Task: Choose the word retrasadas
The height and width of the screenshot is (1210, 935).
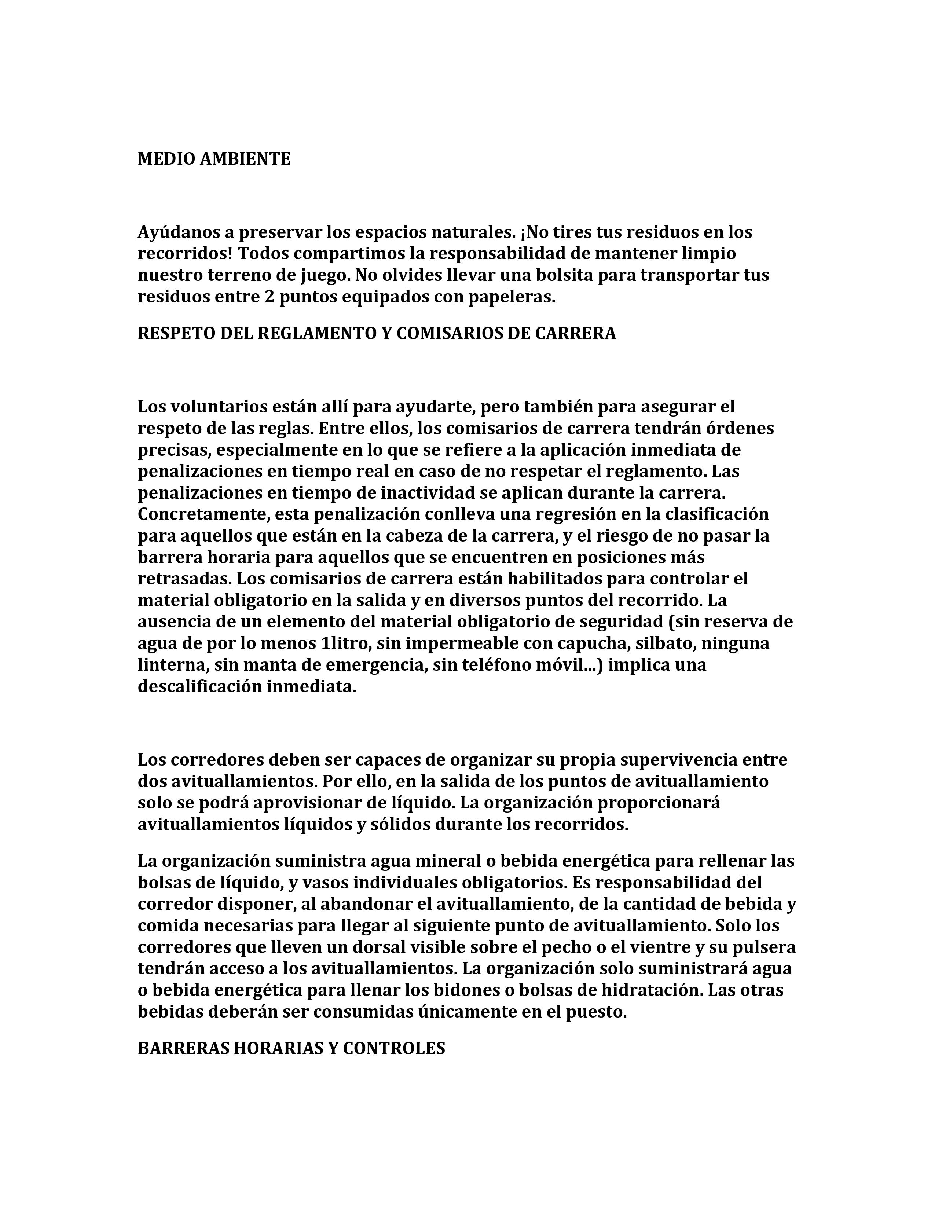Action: (184, 579)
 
